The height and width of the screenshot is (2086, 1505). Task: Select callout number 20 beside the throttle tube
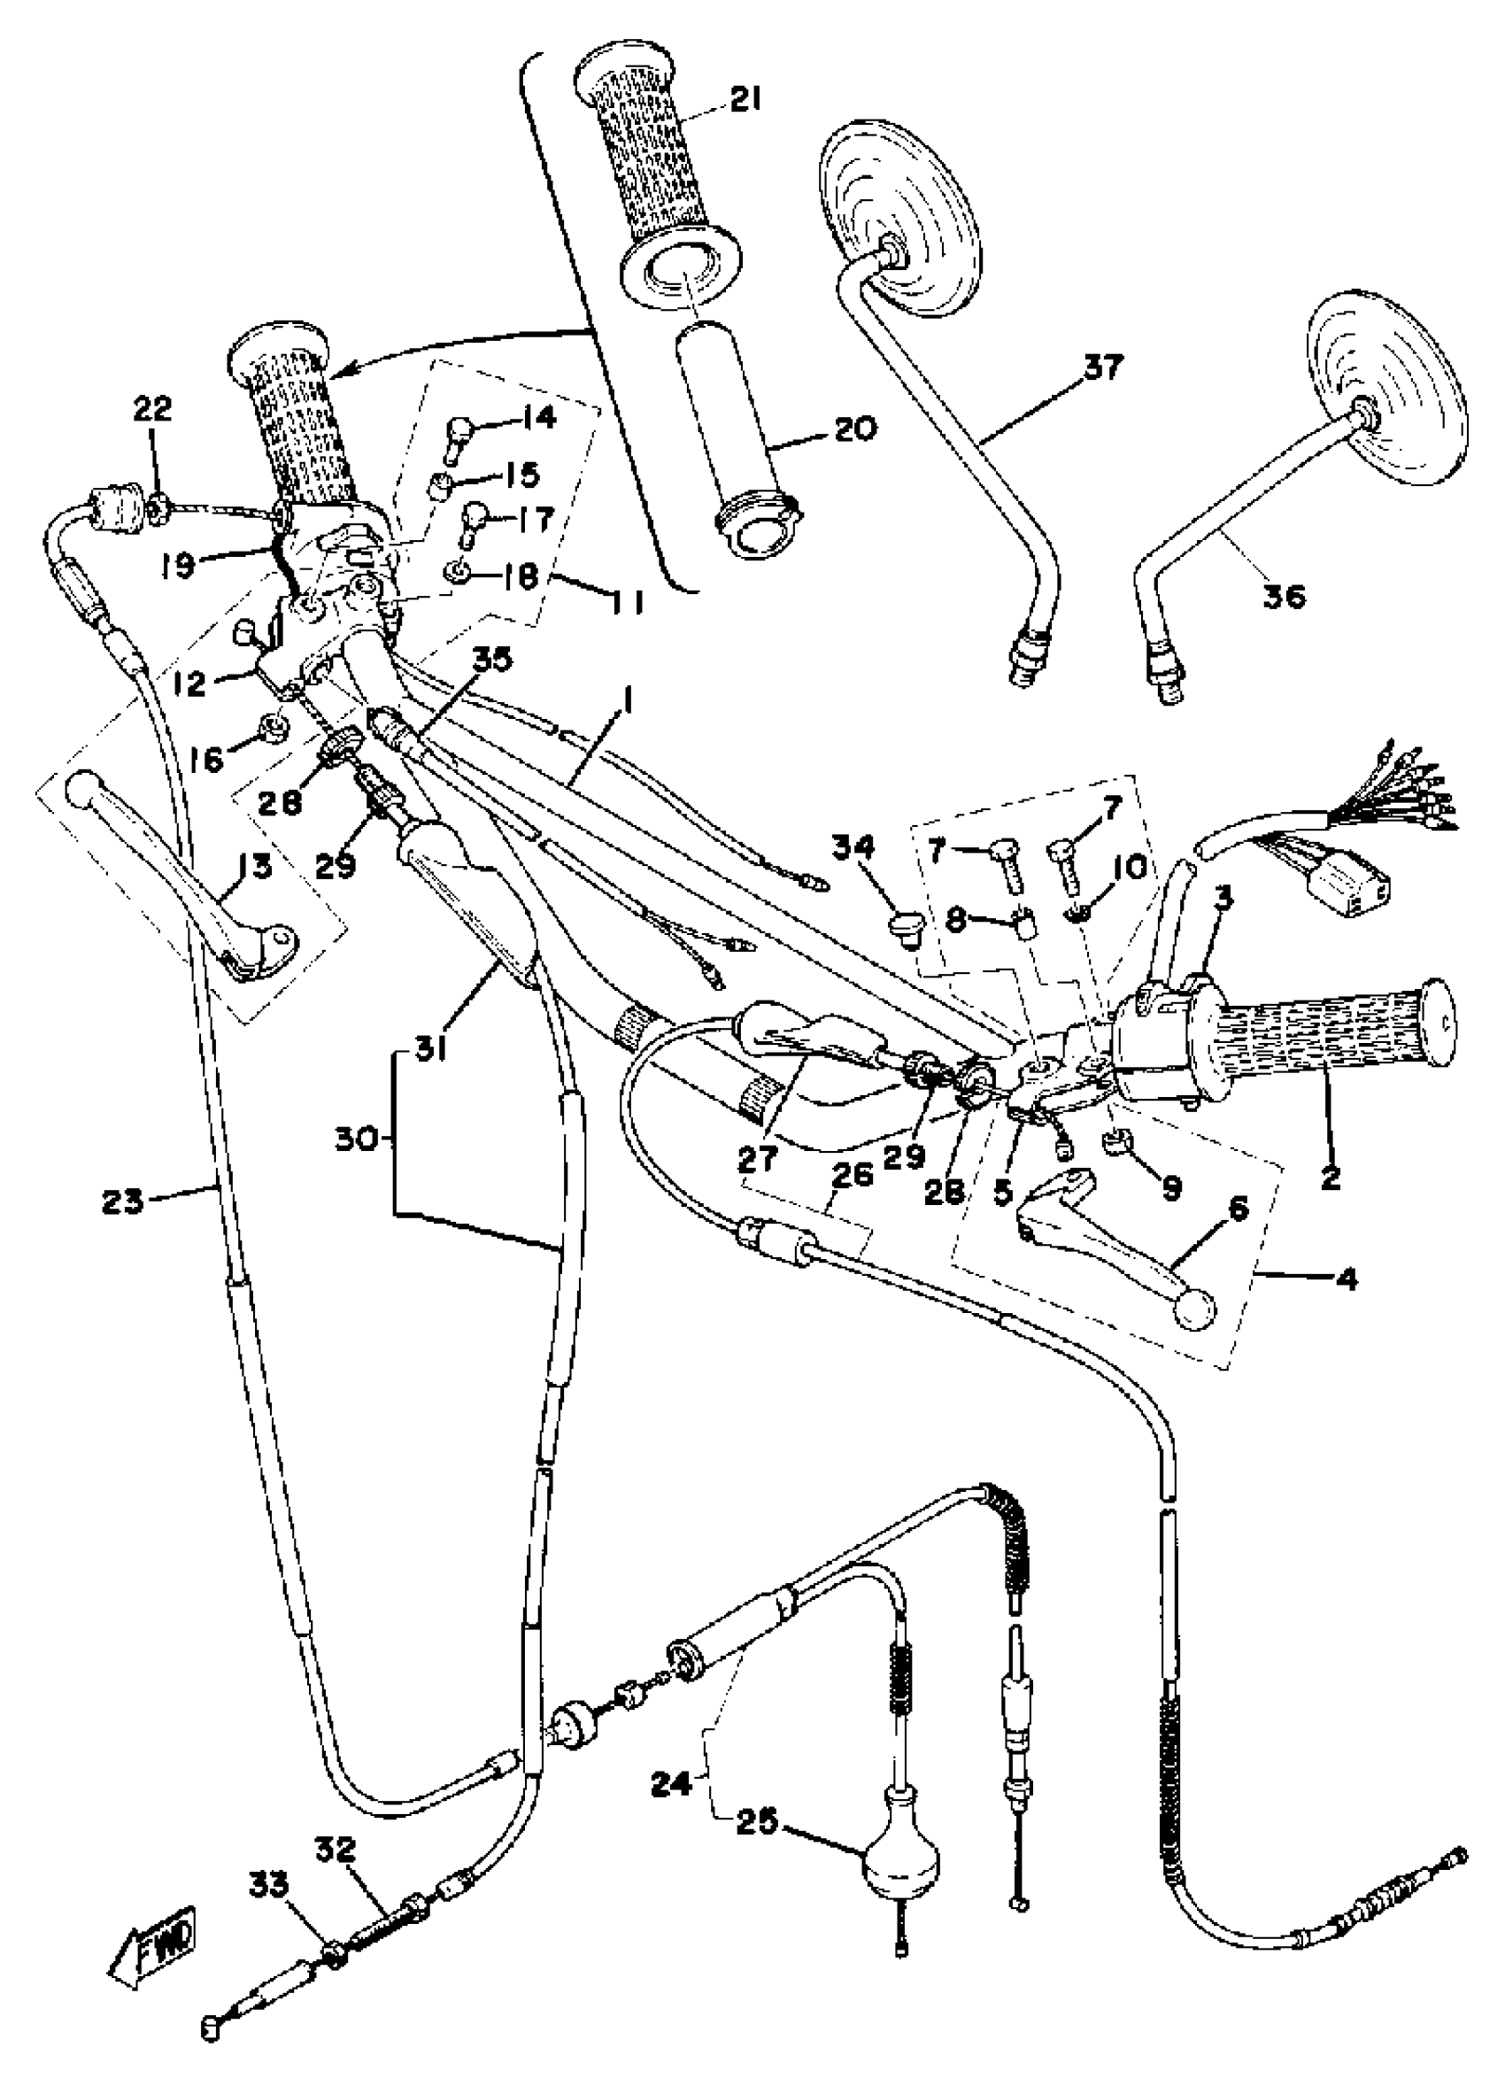(x=856, y=429)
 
